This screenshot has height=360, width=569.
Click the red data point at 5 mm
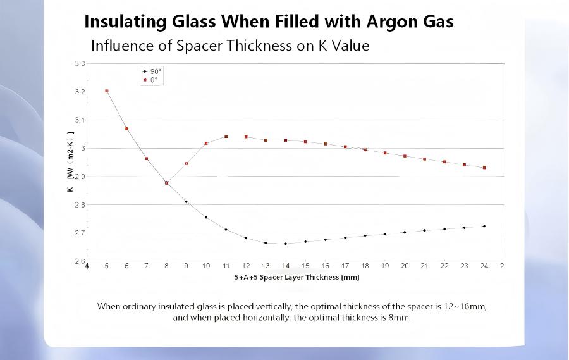[107, 91]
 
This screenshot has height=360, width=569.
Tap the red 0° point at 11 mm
[226, 137]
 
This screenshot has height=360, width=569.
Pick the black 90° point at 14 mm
[286, 244]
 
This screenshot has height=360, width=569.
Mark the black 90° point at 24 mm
[484, 226]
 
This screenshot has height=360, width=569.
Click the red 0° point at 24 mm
[484, 168]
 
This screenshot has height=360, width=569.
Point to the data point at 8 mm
[166, 183]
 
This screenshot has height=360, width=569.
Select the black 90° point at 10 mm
[206, 218]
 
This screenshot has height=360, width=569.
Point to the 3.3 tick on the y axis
[80, 64]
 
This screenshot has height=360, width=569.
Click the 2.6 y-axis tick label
[80, 261]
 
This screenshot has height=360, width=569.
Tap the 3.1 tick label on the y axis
[80, 120]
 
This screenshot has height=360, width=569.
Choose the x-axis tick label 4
[87, 266]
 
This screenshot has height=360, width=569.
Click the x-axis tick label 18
[365, 266]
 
